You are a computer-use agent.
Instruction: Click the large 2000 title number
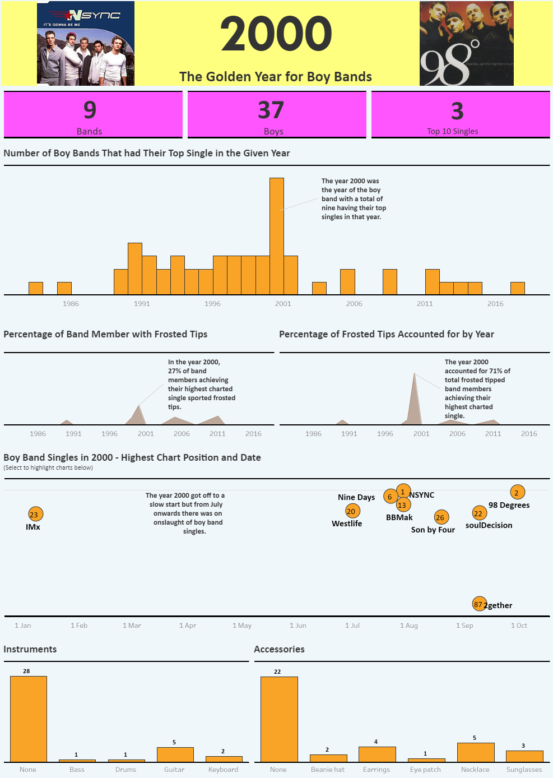click(276, 34)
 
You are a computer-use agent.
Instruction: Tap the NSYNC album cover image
click(86, 44)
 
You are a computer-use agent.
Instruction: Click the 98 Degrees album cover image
click(466, 44)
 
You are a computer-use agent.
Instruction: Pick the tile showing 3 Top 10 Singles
click(460, 115)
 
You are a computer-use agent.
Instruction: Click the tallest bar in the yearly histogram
click(277, 235)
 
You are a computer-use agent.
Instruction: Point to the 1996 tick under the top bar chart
click(212, 304)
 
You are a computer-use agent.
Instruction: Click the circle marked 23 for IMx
click(35, 515)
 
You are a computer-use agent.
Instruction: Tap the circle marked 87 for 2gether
click(478, 604)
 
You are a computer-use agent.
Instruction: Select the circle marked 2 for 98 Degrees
click(517, 493)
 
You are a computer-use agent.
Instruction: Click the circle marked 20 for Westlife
click(352, 511)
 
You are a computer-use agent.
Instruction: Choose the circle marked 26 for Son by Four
click(441, 517)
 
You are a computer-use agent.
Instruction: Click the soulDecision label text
click(489, 525)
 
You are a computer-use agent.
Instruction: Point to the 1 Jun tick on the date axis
click(298, 626)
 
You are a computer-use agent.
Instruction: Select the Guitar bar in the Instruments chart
click(175, 754)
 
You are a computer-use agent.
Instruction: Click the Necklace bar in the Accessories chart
click(475, 752)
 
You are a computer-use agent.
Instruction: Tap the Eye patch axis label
click(425, 770)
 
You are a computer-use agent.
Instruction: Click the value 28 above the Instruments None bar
click(26, 671)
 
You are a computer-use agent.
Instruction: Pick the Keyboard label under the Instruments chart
click(223, 770)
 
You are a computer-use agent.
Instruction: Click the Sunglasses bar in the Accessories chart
click(524, 756)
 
